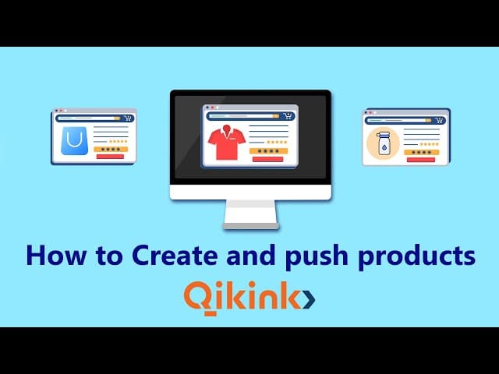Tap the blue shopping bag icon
point(74,139)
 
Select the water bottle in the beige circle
point(383,143)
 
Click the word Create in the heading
point(165,256)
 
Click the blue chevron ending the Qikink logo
point(308,298)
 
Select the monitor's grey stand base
point(249,226)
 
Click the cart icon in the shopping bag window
point(127,118)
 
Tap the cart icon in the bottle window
point(440,120)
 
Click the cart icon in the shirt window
point(287,116)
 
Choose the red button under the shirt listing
point(267,159)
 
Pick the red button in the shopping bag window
point(109,156)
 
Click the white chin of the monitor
point(249,192)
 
